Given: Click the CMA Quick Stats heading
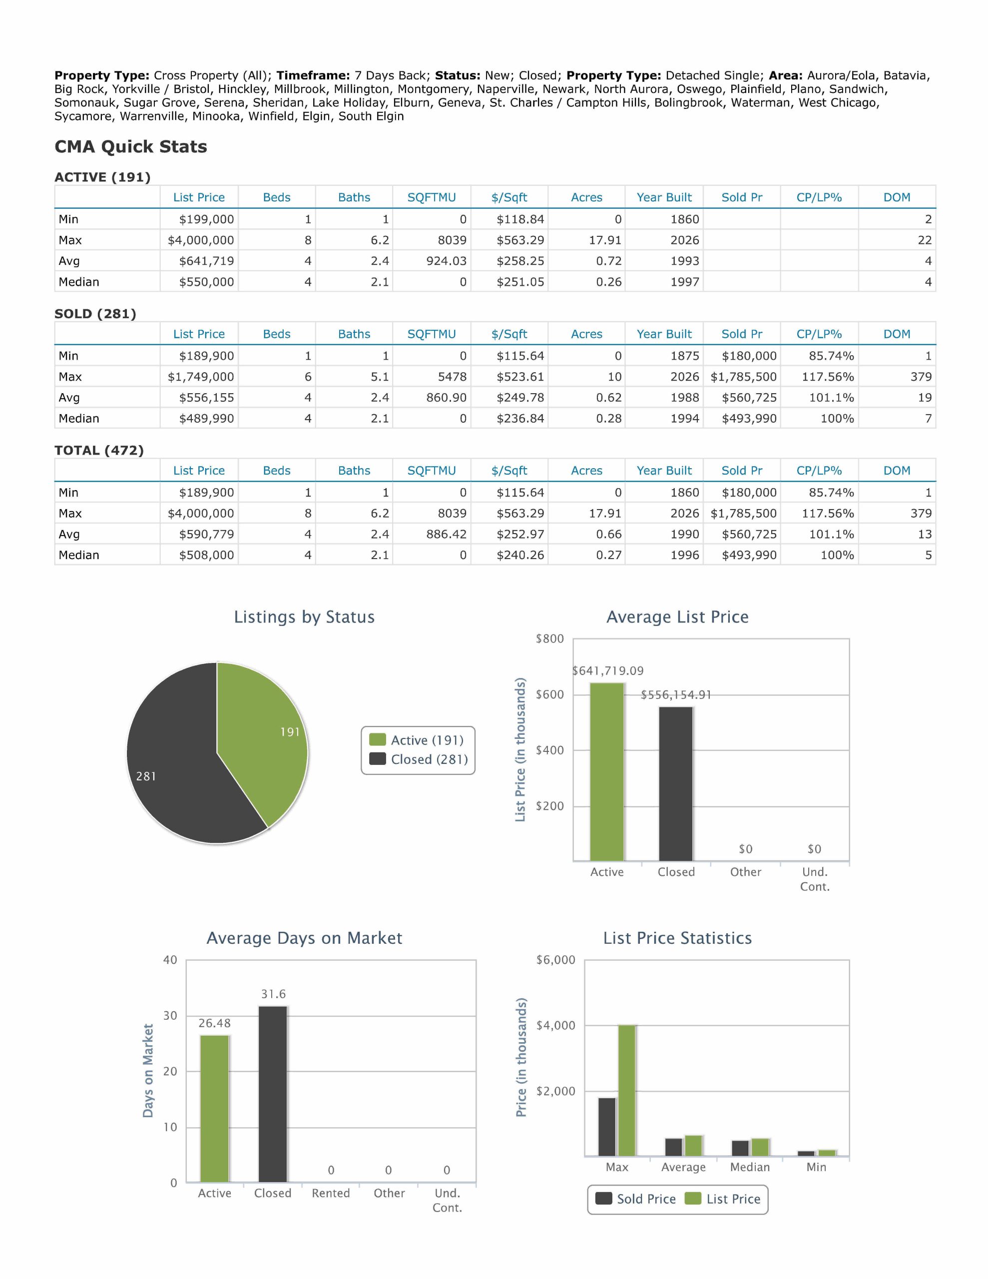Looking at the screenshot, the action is pos(130,146).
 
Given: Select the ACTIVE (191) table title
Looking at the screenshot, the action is pos(102,177).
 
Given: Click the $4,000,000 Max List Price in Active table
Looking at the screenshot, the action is pos(201,240).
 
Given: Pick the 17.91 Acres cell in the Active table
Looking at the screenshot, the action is pos(605,240).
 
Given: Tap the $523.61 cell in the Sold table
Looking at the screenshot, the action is pos(520,377).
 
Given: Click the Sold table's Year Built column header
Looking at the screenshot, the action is pos(664,334).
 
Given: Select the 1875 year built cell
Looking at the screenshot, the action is pos(685,356).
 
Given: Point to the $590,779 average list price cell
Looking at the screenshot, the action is pos(206,534).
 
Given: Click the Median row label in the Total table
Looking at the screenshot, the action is pos(79,555).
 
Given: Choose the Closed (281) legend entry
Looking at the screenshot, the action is pos(419,759).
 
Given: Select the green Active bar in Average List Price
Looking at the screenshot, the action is pos(607,772).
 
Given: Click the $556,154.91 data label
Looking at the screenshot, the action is pos(676,694).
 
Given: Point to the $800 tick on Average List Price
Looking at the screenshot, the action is pos(550,639).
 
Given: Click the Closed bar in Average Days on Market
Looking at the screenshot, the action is pos(273,1095).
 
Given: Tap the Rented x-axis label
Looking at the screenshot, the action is pos(331,1194).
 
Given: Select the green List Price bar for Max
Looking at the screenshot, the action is pos(627,1091).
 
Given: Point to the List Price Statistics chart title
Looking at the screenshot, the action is pos(678,938).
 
